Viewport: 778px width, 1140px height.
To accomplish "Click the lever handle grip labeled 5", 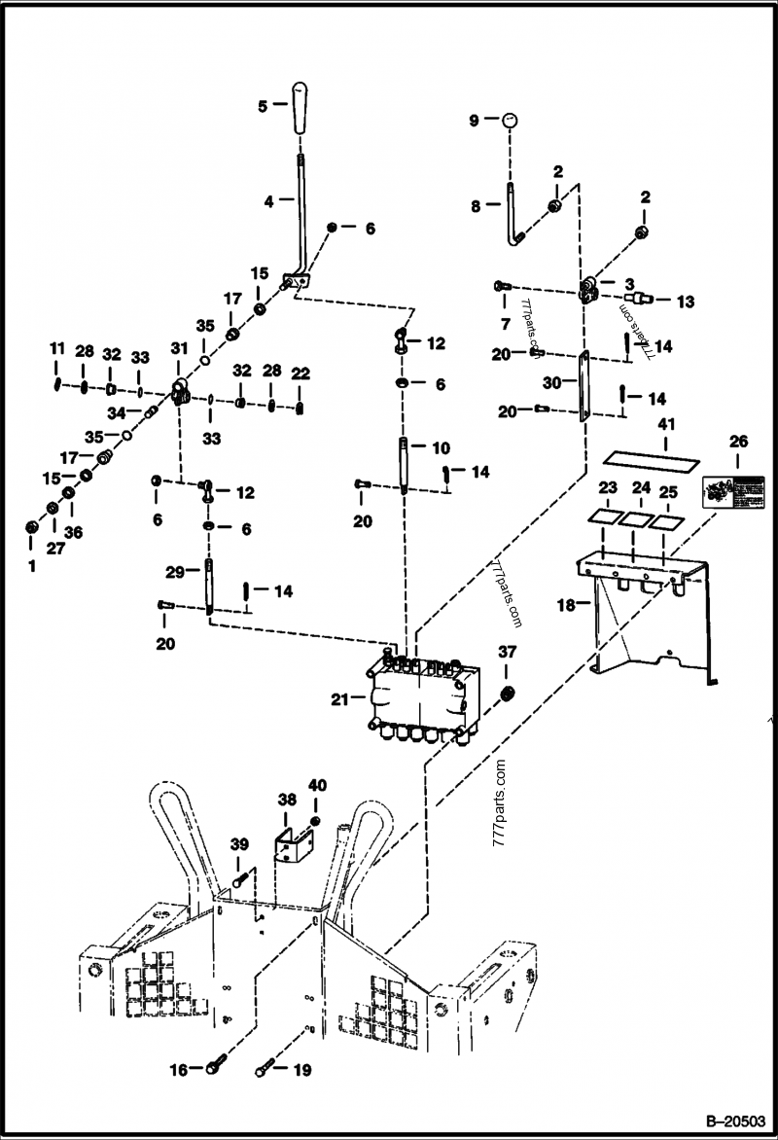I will [301, 112].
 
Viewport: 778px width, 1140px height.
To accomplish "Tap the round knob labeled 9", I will [511, 121].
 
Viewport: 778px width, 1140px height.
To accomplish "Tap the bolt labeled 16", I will [215, 1070].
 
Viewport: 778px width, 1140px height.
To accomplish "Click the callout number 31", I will [178, 349].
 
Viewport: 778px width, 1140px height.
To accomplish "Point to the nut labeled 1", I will [31, 527].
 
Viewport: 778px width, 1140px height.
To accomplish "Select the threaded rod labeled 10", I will [403, 466].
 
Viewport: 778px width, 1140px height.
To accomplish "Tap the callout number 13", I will [685, 303].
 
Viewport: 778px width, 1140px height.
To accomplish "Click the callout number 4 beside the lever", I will [268, 201].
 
